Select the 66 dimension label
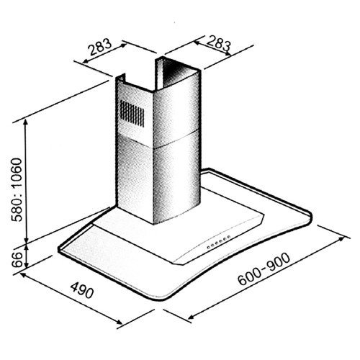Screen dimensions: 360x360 click(14, 256)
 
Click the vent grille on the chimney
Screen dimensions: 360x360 click(132, 114)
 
